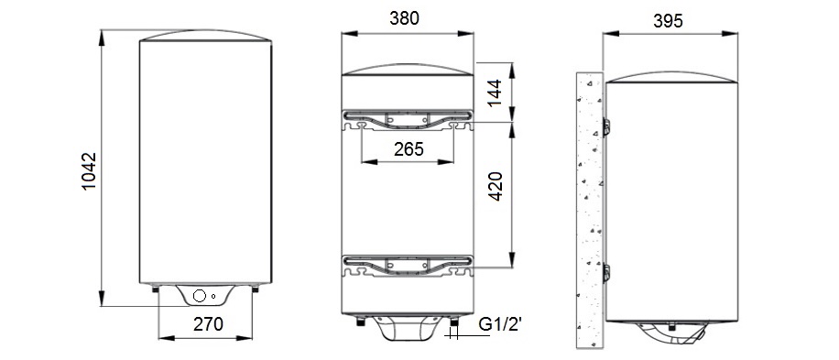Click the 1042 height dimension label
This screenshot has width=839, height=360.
point(89,170)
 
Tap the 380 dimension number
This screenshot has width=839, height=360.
point(405,18)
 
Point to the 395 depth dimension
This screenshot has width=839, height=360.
point(668,21)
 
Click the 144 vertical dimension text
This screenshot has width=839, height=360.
point(496,93)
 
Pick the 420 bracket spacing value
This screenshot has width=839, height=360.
point(496,186)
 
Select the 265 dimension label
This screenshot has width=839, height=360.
point(409,149)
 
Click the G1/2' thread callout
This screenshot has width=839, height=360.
point(500,324)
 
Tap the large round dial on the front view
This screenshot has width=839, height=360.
point(199,296)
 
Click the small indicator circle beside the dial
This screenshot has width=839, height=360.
point(213,297)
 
